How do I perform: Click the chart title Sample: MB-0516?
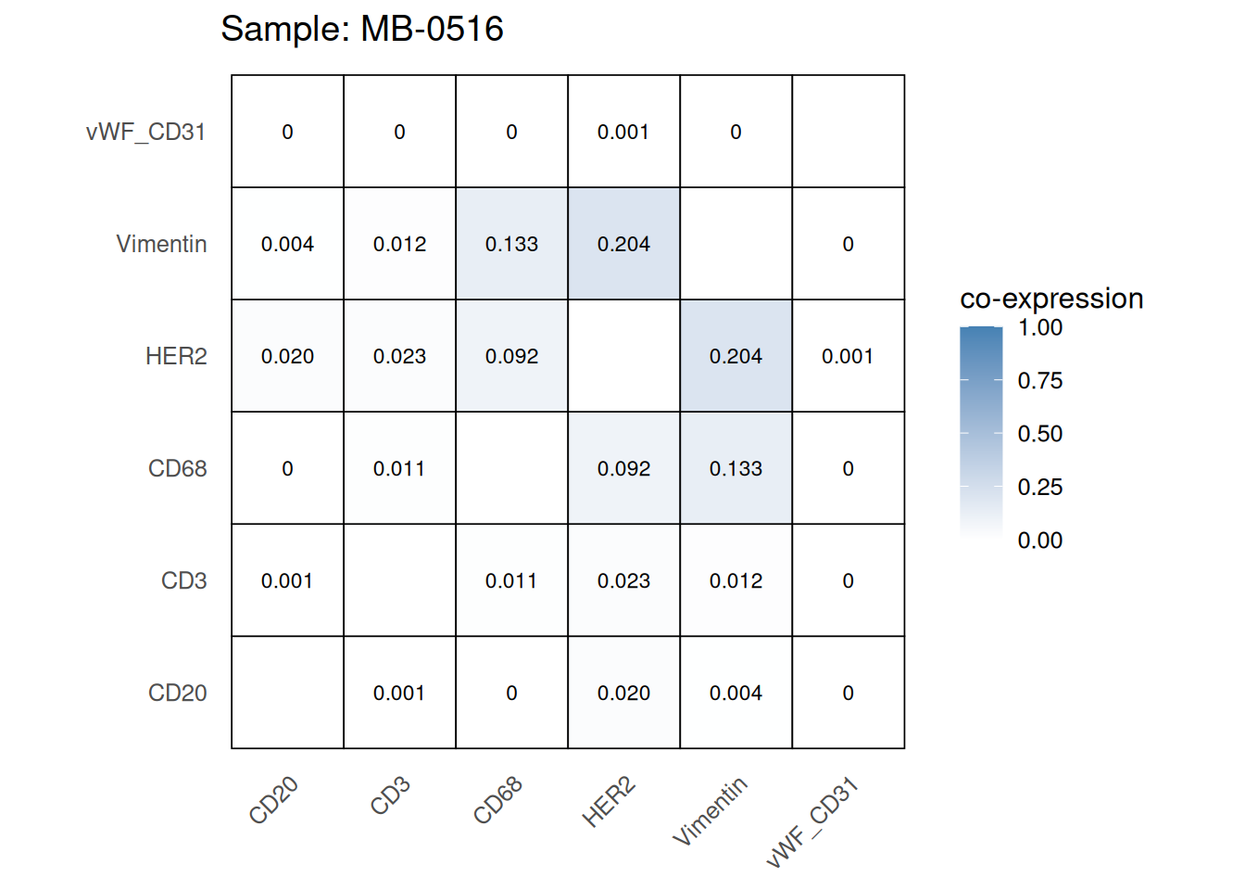click(361, 29)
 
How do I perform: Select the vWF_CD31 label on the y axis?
click(145, 132)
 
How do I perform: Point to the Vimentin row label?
click(161, 244)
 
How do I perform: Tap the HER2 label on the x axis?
click(609, 802)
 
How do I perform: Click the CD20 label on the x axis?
click(273, 800)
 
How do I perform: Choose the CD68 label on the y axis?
click(177, 468)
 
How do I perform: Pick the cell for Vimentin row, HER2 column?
click(623, 244)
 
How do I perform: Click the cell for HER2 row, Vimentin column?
click(736, 356)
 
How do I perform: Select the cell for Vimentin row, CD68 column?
click(511, 244)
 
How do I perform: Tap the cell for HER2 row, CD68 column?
click(511, 356)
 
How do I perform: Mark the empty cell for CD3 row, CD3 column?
click(399, 580)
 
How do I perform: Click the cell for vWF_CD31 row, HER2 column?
click(623, 132)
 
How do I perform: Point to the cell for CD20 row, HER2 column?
click(623, 693)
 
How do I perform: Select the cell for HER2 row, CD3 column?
click(399, 356)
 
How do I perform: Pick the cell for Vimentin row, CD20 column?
click(287, 244)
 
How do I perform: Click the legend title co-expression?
click(1051, 299)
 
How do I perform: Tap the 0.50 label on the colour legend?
click(1039, 434)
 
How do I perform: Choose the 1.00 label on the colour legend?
click(1039, 327)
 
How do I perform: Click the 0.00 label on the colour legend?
click(1039, 540)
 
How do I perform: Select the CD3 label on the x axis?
click(390, 796)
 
